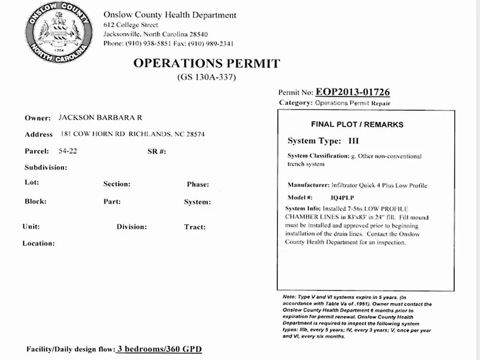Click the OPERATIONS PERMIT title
point(207,63)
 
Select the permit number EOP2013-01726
point(352,92)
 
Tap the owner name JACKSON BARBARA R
point(100,117)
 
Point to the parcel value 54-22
point(67,151)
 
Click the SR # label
point(156,151)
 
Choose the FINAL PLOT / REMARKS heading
point(357,124)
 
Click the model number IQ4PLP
point(342,198)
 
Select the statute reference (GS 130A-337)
point(207,77)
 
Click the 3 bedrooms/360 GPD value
point(159,349)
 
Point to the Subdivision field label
point(46,167)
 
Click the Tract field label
point(195,227)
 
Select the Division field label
point(132,227)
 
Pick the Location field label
point(39,243)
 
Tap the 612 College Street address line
point(130,25)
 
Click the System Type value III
point(353,141)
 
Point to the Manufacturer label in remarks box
point(308,185)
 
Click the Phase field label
point(198,184)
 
